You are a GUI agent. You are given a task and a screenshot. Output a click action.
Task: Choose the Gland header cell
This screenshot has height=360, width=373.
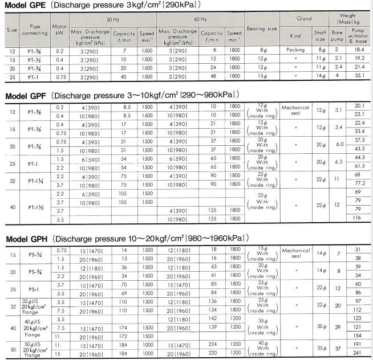pos(305,19)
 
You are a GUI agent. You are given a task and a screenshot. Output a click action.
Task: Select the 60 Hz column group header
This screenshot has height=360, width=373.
pos(200,19)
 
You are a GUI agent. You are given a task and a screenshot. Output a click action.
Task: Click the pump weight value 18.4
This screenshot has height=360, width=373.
pos(359,51)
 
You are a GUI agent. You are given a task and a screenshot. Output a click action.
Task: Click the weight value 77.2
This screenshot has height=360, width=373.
pos(359,185)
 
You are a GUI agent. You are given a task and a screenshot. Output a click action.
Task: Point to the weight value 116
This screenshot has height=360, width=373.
pos(359,218)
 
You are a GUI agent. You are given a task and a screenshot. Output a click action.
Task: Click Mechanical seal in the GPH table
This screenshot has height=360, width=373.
pos(295,252)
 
